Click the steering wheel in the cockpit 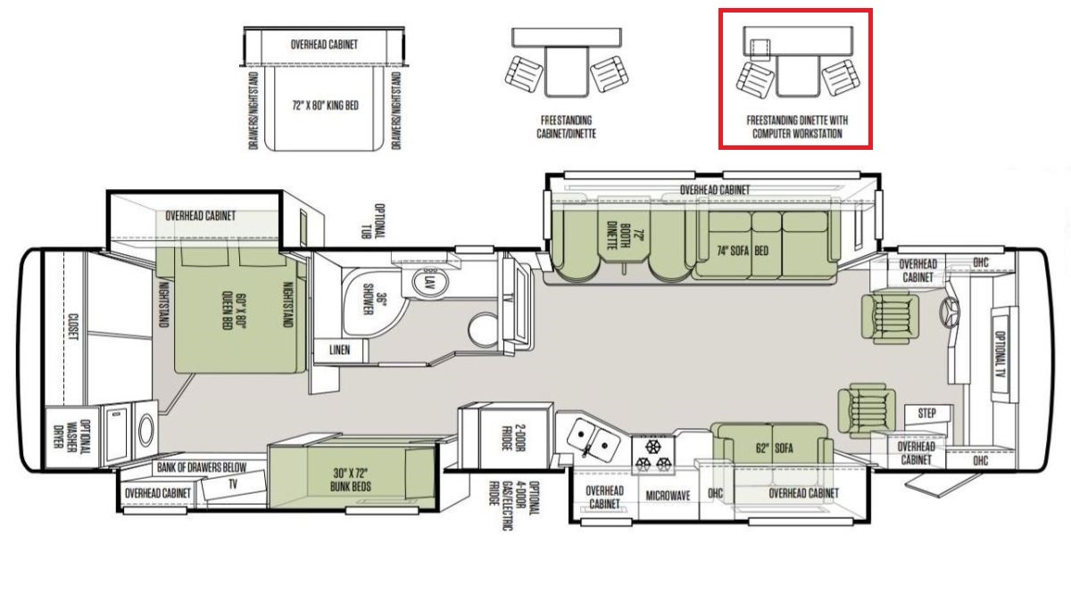(x=949, y=312)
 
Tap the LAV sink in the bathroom (x=430, y=282)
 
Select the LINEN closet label (x=339, y=350)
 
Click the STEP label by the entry (x=926, y=413)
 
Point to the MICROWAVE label (x=668, y=496)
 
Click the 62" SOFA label (x=774, y=448)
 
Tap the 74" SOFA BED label (x=743, y=251)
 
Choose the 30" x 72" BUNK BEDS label (x=351, y=480)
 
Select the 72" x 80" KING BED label (x=325, y=105)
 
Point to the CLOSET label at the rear (x=72, y=326)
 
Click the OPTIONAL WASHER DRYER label (x=71, y=433)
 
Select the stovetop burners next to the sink (x=653, y=455)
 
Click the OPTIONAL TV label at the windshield (x=1000, y=354)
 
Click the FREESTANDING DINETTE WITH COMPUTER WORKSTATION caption (x=797, y=127)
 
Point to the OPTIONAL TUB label (x=373, y=222)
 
